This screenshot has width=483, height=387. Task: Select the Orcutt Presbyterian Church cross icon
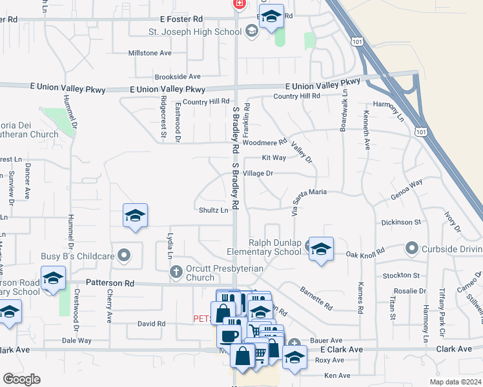click(176, 272)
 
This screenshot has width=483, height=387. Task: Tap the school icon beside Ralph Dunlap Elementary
click(320, 250)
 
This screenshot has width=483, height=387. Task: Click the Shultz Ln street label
click(214, 210)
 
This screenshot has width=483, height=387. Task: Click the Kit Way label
click(274, 157)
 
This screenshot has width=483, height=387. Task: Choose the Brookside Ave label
click(177, 76)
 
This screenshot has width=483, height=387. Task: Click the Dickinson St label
click(401, 222)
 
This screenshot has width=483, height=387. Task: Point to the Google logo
click(21, 379)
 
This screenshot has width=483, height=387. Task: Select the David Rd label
click(152, 324)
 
